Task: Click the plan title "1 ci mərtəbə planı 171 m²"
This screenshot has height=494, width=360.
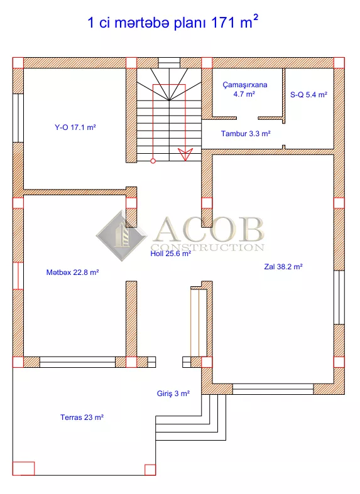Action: coord(173,22)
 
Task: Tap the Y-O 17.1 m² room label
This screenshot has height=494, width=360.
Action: coord(75,127)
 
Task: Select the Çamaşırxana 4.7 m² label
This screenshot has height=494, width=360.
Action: coord(244,89)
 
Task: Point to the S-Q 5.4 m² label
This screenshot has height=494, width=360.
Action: coord(308,95)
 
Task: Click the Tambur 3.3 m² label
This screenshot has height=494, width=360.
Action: coord(246,134)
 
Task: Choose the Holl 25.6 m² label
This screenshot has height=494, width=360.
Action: coord(170,254)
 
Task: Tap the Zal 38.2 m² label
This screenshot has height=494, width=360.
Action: coord(283,267)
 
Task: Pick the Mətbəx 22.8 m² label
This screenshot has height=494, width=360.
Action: coord(72,272)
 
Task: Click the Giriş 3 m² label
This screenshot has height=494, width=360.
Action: coord(173,394)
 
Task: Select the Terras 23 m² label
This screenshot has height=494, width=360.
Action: coord(82,417)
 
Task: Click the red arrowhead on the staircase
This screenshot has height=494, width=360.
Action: coord(185,154)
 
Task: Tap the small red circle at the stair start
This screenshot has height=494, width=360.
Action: coord(153,161)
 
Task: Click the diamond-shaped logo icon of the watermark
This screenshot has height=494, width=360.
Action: coord(122,235)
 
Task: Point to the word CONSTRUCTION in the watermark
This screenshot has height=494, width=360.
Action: coord(207,247)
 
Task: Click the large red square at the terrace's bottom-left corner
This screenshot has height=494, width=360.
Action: coord(23,468)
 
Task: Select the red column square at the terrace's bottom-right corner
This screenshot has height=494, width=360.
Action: coord(150,470)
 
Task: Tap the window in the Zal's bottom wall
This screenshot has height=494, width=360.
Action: coord(273,389)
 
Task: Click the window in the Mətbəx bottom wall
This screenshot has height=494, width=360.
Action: coord(77,362)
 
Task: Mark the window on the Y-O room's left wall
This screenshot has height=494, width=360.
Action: coord(18,118)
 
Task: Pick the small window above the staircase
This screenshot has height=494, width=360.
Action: coord(169,63)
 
